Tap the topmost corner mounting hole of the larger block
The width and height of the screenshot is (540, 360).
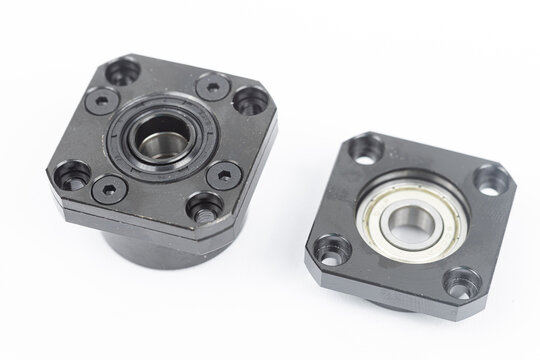tap(123, 72)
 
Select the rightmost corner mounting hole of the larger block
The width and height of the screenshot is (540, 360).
tap(250, 100)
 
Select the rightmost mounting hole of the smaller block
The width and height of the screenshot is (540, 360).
tap(489, 181)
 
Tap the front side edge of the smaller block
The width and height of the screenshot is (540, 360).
tap(380, 300)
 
